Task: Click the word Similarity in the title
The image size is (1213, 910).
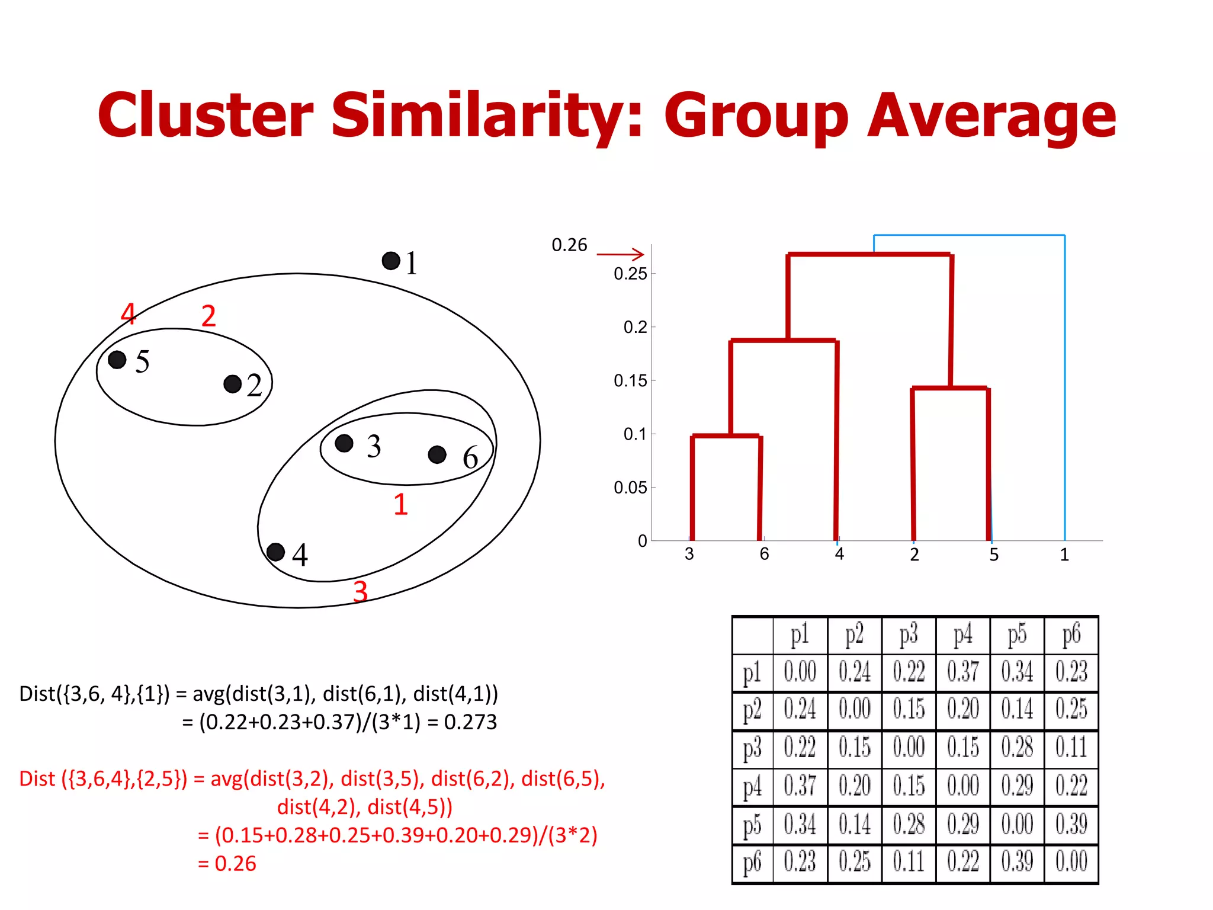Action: click(487, 116)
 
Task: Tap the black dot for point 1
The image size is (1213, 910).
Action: click(391, 261)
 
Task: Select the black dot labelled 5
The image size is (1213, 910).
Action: click(117, 359)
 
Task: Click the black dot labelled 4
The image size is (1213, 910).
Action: click(275, 552)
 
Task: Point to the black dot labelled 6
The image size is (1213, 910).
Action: click(437, 454)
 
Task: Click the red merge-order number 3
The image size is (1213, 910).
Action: click(360, 591)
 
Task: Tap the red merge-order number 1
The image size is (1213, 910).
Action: click(401, 504)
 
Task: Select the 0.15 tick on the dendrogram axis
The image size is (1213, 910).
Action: click(630, 380)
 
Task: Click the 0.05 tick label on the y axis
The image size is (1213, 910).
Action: click(630, 488)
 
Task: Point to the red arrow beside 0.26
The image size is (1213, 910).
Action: click(620, 254)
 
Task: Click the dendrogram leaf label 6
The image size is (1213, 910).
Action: click(764, 554)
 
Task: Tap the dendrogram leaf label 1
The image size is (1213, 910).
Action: click(1064, 555)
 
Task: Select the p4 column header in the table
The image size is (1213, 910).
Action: click(962, 635)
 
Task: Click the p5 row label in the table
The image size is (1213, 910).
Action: click(752, 825)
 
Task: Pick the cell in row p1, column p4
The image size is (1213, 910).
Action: click(962, 672)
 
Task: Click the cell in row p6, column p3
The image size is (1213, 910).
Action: click(909, 862)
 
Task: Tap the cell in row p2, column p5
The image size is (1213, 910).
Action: click(1017, 709)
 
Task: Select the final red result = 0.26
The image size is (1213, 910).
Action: click(227, 864)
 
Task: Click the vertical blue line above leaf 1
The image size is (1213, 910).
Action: click(1064, 385)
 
